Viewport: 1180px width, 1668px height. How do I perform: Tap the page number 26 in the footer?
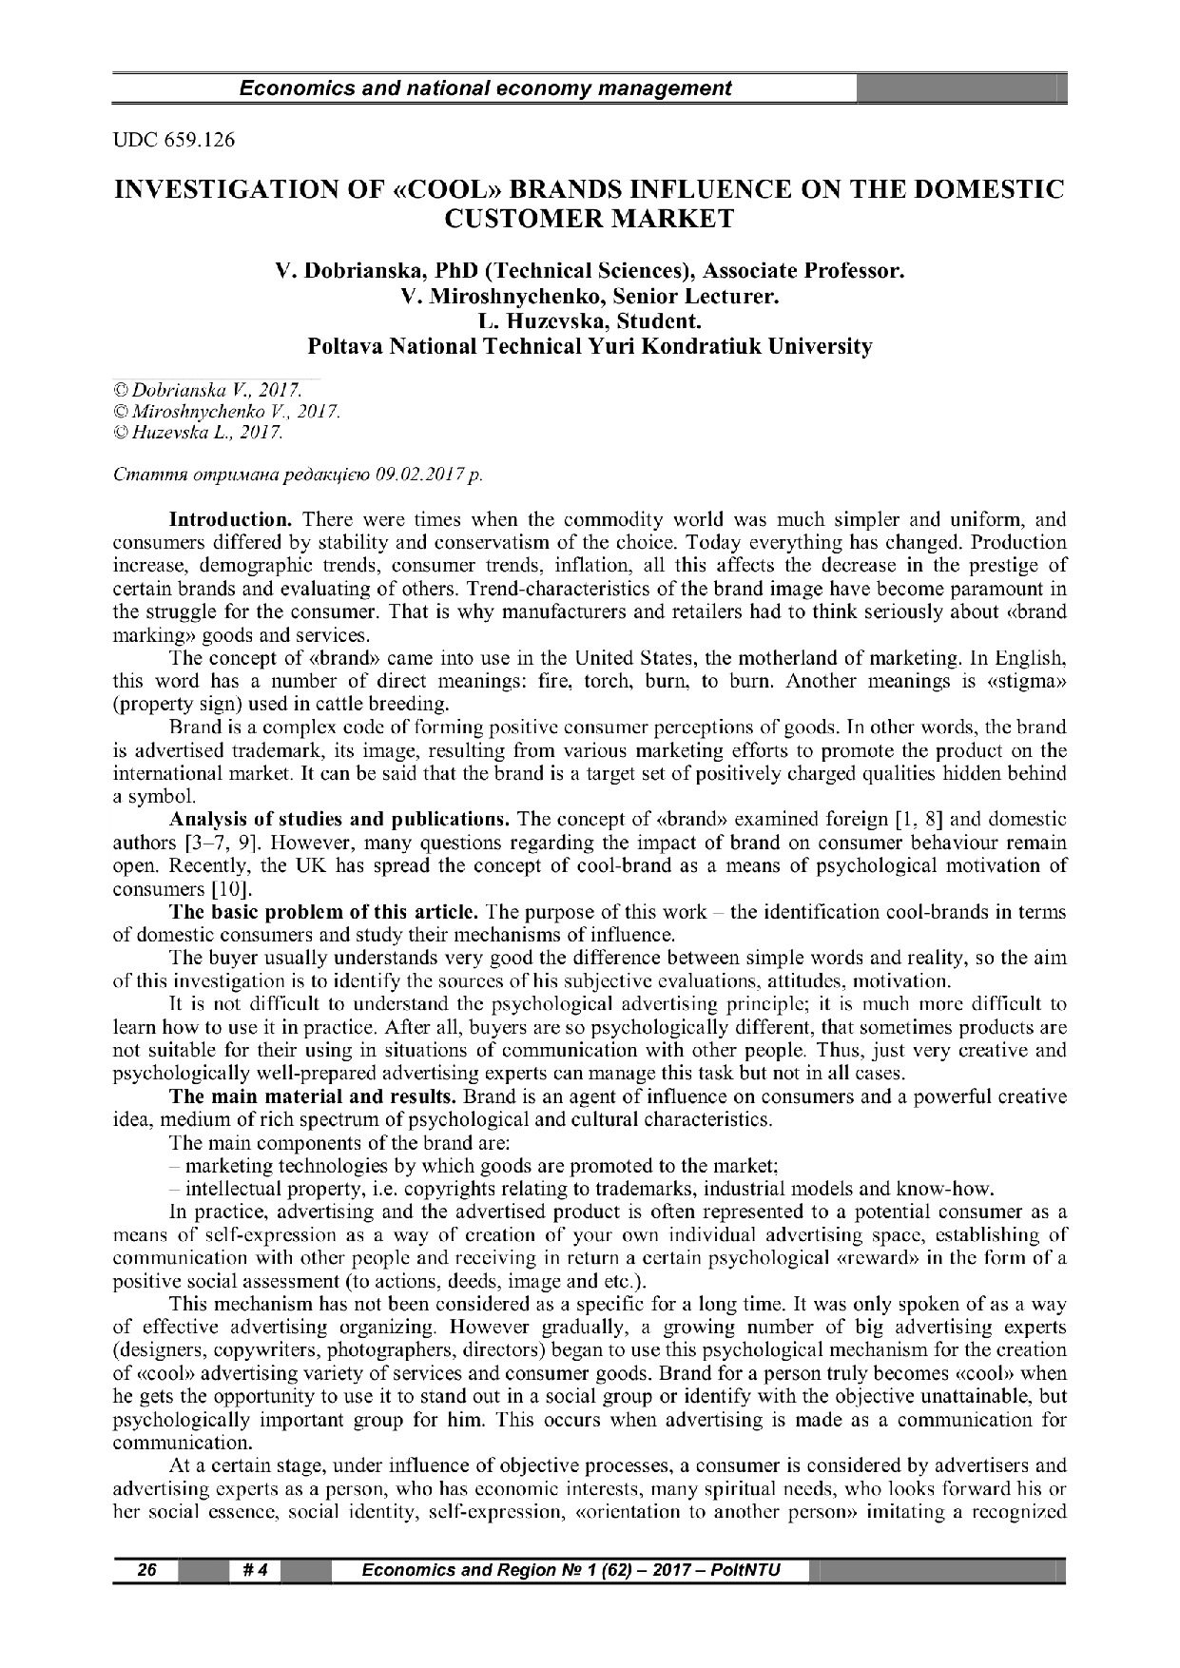coord(146,1570)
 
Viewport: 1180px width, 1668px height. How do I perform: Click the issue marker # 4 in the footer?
coord(254,1570)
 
